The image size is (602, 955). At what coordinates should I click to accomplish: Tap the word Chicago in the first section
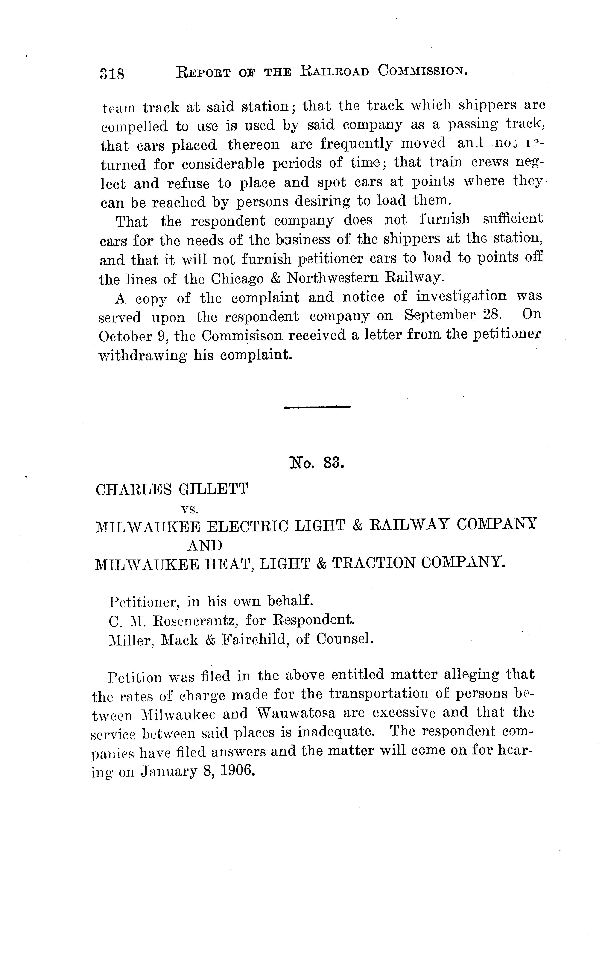pos(237,279)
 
